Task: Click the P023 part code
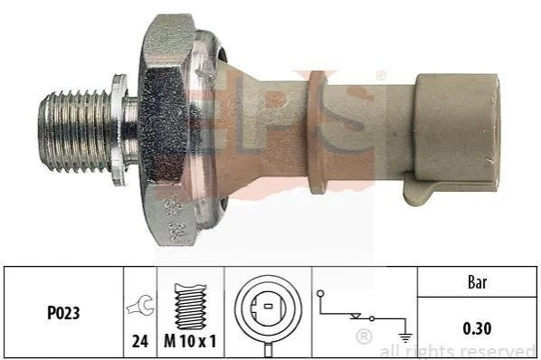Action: click(63, 313)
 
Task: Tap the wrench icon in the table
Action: click(140, 305)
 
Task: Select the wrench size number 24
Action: click(140, 341)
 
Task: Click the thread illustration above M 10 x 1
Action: click(191, 307)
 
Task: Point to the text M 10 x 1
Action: click(190, 341)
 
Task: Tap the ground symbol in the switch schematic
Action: click(405, 337)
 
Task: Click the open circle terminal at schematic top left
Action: click(320, 294)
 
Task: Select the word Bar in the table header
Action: click(477, 283)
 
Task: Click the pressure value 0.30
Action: click(477, 328)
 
